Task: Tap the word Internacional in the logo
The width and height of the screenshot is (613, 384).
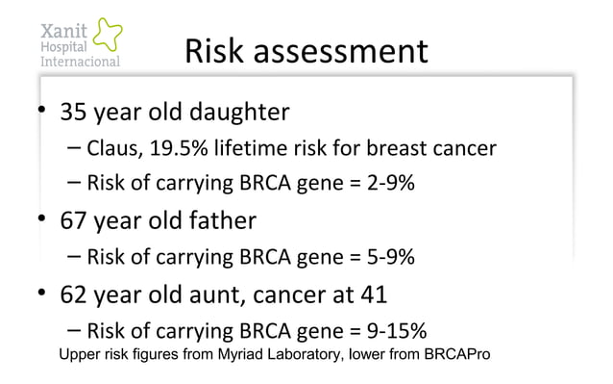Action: (x=79, y=62)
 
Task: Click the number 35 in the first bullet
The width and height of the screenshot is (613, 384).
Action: (x=74, y=113)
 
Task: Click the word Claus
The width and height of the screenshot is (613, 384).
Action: (x=112, y=149)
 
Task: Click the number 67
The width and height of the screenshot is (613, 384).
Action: (x=74, y=220)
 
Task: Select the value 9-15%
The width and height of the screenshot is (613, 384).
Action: (x=394, y=331)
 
